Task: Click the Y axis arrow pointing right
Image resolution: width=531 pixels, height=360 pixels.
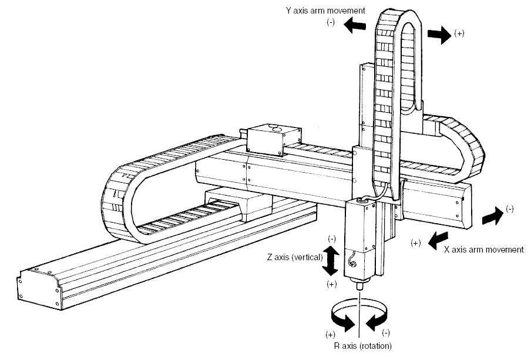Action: [438, 35]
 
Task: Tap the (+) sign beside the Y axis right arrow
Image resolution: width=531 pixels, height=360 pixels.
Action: [459, 33]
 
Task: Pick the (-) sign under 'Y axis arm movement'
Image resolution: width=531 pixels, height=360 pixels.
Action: [331, 22]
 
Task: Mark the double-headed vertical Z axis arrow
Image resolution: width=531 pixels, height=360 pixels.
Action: [331, 261]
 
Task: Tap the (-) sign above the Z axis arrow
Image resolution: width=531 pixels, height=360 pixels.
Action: [332, 238]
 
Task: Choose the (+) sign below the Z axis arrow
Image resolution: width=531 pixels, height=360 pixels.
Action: [332, 284]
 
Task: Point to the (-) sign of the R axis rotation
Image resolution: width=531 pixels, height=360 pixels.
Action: [386, 332]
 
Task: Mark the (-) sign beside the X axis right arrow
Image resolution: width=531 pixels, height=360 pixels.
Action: [509, 208]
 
